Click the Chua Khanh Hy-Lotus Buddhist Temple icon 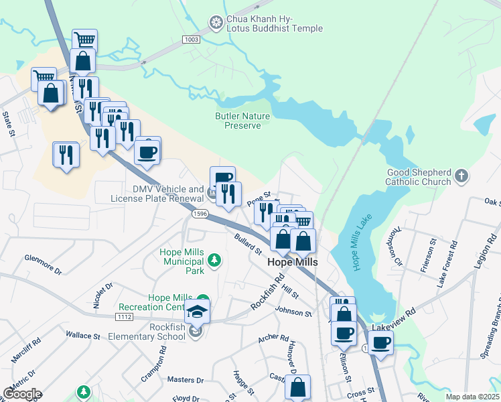(215, 23)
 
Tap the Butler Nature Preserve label (242, 121)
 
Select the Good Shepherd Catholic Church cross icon (460, 176)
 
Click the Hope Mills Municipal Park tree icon (214, 260)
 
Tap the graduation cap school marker (198, 310)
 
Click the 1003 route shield (192, 40)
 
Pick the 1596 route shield (199, 214)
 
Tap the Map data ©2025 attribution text (473, 397)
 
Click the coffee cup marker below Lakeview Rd (380, 343)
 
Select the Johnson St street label (293, 312)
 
